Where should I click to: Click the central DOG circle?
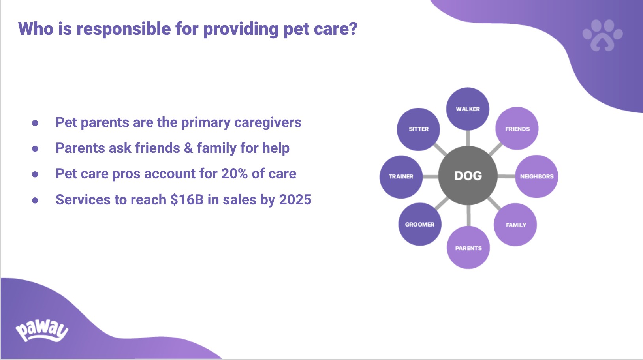(468, 176)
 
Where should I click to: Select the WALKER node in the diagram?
(468, 109)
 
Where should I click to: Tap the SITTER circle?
(419, 129)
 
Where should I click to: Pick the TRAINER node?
(401, 177)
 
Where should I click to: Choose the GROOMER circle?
(420, 224)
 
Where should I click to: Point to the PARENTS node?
(468, 247)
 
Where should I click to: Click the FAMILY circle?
(515, 225)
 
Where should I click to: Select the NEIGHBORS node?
(536, 176)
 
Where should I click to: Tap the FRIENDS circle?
(517, 129)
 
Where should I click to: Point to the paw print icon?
(603, 35)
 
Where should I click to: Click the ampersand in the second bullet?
(188, 148)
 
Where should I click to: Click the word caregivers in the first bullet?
(268, 123)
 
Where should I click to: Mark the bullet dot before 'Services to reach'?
(35, 200)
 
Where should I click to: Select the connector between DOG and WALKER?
(468, 138)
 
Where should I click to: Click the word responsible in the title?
(124, 29)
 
